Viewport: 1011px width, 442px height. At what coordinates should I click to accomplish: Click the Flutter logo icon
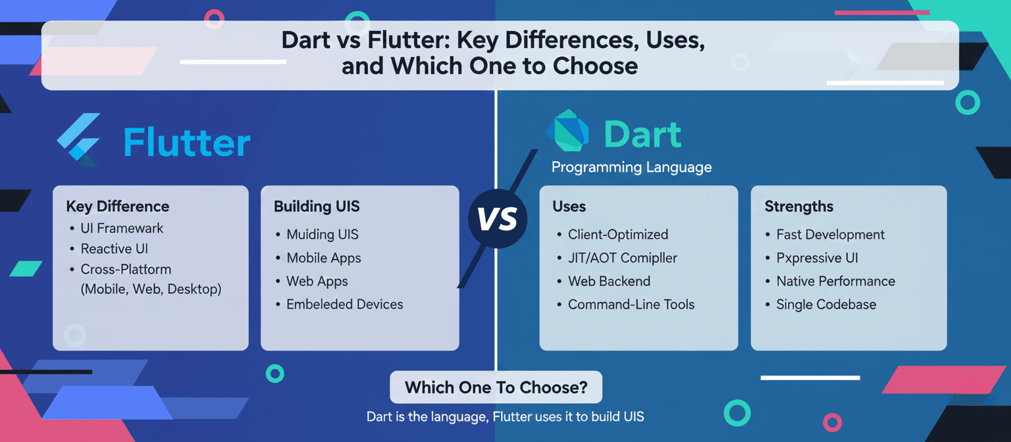pos(79,139)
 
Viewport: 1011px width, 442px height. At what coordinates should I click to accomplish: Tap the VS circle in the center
pos(497,219)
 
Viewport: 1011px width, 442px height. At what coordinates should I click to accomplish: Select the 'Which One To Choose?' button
pos(496,387)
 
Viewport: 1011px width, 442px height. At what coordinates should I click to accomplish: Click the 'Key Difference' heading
pos(117,207)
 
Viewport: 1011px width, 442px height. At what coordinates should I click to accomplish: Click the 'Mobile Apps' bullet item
pos(323,258)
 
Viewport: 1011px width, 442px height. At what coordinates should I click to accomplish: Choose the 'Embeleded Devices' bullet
pos(344,305)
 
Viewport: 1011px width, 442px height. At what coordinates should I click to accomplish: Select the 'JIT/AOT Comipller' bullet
pos(622,258)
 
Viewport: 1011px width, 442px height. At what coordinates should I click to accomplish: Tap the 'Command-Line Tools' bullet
pos(631,305)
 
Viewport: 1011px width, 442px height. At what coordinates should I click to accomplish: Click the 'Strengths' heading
pos(798,207)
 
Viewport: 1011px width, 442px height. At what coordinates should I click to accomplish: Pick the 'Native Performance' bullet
pos(835,281)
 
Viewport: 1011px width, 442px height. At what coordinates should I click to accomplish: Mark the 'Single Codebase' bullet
pos(825,305)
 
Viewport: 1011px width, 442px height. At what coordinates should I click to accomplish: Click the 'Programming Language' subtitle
pos(631,167)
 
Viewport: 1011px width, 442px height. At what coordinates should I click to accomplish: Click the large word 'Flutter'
pos(187,143)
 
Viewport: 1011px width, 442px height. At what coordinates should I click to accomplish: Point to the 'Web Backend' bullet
pos(609,281)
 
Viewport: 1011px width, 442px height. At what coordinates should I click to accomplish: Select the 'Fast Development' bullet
pos(830,235)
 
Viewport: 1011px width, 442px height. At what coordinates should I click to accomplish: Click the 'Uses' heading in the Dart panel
pos(569,207)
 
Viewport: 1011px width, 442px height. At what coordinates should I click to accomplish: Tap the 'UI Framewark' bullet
pos(122,228)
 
